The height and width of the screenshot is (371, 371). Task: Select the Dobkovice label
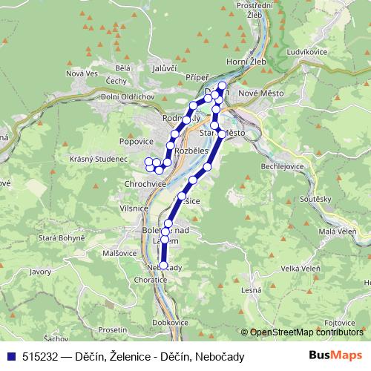click(x=169, y=323)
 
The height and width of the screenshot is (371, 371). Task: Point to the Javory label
click(x=40, y=272)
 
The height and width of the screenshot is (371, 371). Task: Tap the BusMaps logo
click(x=335, y=356)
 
